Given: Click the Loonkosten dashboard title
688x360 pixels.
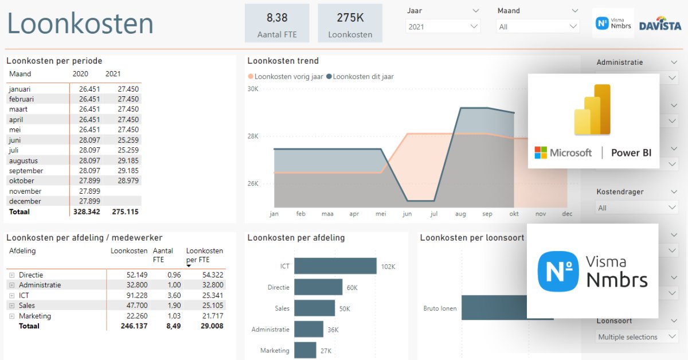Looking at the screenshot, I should coord(80,24).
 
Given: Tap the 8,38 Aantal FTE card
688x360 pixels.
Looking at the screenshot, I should coord(277,24).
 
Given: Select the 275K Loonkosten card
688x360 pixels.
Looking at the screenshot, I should coord(350,24).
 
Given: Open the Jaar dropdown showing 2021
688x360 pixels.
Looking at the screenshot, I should coord(443,26).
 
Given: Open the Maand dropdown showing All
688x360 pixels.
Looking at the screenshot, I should coord(538,26).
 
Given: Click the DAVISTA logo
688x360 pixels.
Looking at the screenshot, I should coord(660,24).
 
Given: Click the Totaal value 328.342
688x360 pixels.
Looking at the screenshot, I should coord(87,212).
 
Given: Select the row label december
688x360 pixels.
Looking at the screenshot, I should coord(25,201).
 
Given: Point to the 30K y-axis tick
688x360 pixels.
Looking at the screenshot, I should coord(253,89).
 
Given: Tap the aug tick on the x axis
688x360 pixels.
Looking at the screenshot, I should coord(460,214).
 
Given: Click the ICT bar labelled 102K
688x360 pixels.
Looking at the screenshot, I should coord(335,266).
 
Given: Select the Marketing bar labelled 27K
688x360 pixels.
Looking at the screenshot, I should coord(305,350).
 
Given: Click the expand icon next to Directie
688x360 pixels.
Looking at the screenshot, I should coord(11,275).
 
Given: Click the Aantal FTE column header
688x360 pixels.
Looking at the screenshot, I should coord(163,255).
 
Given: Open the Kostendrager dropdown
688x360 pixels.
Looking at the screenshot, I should coord(636,208).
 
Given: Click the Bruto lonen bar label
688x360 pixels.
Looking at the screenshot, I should coord(440,308).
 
